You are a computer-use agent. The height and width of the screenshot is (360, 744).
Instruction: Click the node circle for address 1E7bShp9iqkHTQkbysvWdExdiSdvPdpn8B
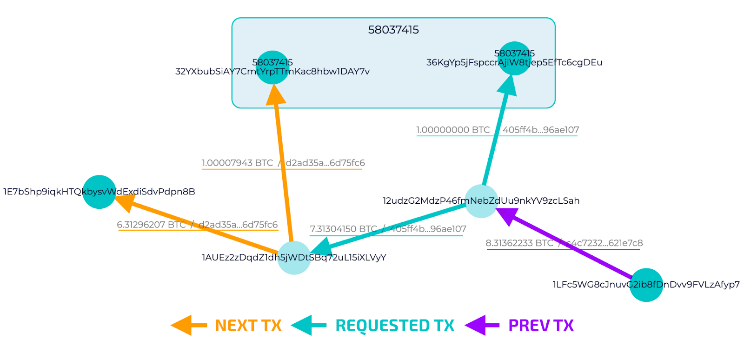tap(99, 192)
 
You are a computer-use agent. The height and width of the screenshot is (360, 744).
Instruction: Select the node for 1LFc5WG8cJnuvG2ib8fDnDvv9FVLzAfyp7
tap(646, 285)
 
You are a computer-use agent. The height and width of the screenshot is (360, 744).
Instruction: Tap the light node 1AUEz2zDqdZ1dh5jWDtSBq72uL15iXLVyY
tap(294, 258)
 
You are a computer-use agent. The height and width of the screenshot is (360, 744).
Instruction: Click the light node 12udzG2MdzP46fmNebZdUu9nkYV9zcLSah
tap(481, 201)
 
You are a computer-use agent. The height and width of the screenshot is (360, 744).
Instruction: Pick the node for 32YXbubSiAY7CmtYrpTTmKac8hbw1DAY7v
tap(272, 67)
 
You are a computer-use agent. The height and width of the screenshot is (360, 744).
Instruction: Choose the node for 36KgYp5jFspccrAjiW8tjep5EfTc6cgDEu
tap(514, 59)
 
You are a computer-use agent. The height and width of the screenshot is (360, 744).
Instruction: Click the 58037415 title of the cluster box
tap(393, 30)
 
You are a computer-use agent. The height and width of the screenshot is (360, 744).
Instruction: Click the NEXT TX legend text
tap(248, 326)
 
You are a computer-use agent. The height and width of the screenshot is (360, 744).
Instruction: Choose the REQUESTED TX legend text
tap(394, 326)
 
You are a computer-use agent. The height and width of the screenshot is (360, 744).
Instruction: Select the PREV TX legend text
tap(541, 326)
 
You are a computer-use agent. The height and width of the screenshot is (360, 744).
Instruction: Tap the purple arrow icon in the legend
tap(481, 326)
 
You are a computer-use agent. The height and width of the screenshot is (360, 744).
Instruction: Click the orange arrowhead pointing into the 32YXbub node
tap(275, 95)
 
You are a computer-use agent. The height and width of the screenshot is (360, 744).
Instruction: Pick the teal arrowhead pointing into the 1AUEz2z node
tap(321, 247)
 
